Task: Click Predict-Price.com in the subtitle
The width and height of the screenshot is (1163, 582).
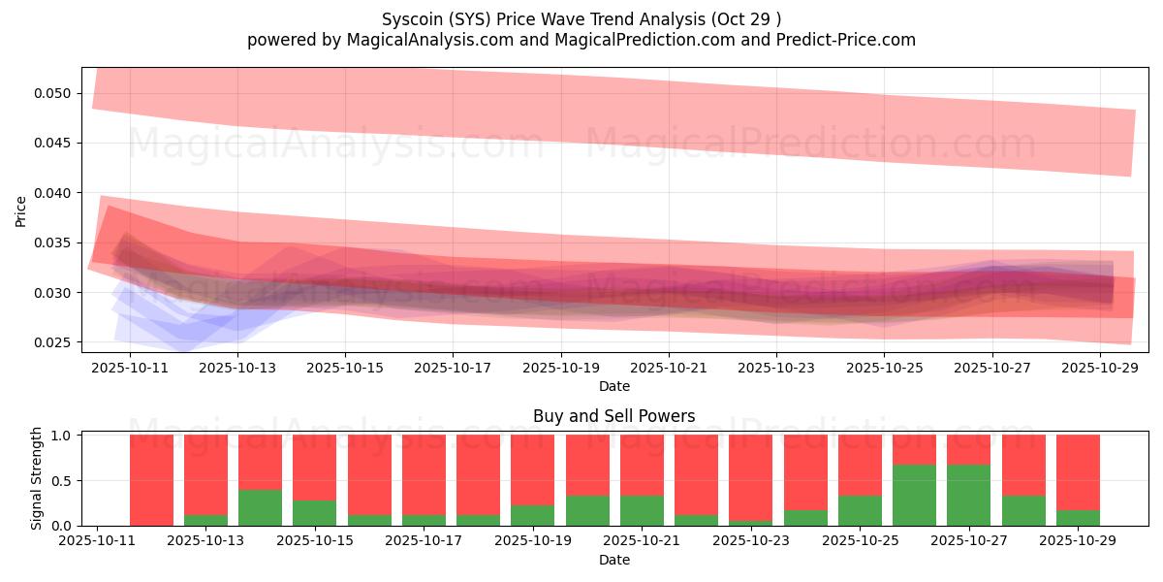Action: [x=839, y=40]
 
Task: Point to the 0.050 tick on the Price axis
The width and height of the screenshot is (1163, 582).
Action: [x=54, y=93]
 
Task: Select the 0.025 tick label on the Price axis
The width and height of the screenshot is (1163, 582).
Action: [x=54, y=342]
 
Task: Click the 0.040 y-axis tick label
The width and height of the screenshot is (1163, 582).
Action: [x=54, y=193]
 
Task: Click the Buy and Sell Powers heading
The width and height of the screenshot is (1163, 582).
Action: [x=613, y=416]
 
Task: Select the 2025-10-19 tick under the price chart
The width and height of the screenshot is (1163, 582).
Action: [x=559, y=369]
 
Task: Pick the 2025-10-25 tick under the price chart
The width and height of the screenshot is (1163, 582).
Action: [x=884, y=369]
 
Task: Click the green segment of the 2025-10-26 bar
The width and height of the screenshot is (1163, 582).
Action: [x=914, y=496]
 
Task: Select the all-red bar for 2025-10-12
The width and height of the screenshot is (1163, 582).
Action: [x=151, y=480]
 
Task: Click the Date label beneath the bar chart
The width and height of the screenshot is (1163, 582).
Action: [x=613, y=561]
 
